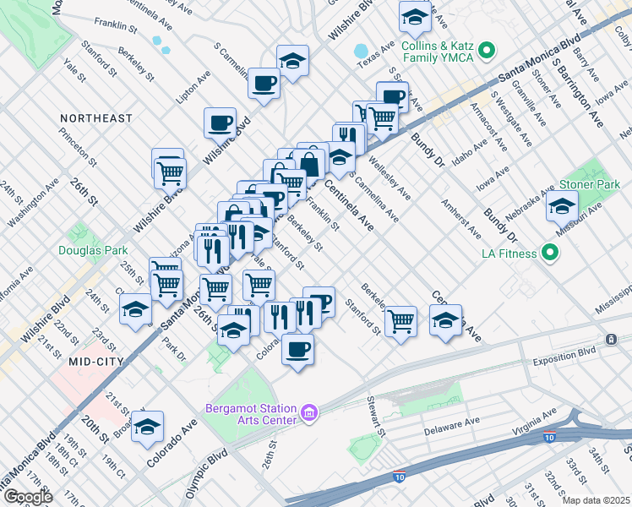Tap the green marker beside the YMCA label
[486, 52]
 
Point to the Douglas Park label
[93, 250]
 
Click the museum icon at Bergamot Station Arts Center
[310, 413]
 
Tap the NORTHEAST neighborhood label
[96, 118]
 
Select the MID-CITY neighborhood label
[97, 361]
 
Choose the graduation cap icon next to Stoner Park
[562, 205]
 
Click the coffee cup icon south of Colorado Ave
[297, 349]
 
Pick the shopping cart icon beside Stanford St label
[400, 320]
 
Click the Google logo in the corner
[28, 497]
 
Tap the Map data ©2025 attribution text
[597, 500]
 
